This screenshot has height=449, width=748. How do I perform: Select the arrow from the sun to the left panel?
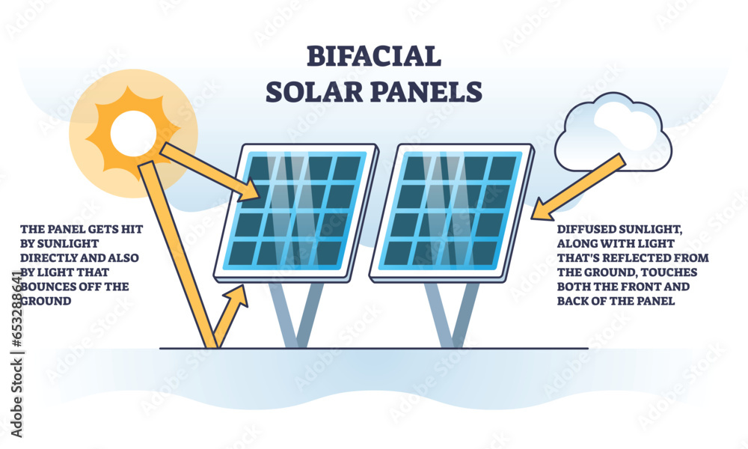click(209, 169)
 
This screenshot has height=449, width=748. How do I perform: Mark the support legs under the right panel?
click(453, 314)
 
